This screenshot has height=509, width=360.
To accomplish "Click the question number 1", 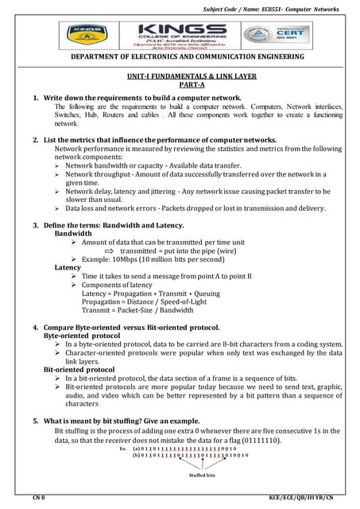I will click(36, 97).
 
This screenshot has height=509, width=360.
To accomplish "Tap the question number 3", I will click(36, 226).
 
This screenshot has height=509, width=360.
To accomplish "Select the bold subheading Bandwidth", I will click(72, 235).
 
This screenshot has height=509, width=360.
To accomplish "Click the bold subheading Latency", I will click(68, 268).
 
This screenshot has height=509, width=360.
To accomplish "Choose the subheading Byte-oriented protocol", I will click(80, 336).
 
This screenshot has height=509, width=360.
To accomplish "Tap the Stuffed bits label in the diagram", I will click(202, 476).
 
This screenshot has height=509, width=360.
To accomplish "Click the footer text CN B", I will click(37, 497).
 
